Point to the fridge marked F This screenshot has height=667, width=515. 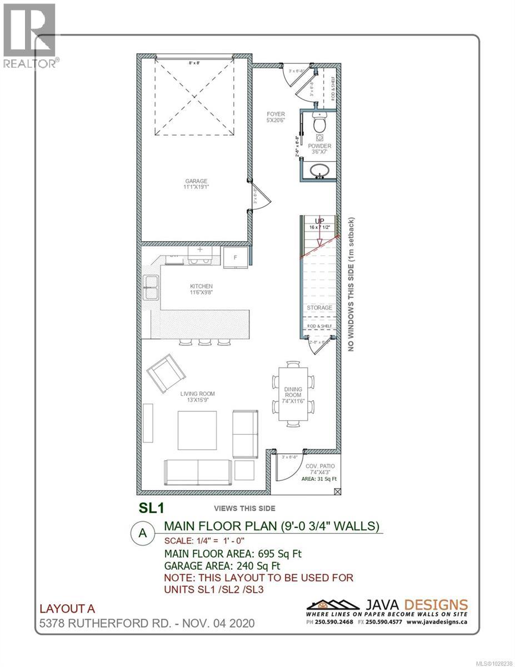236,257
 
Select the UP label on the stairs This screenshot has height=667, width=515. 319,221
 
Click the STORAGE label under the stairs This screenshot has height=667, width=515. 319,307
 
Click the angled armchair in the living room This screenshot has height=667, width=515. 166,373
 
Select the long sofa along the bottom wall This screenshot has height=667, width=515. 198,472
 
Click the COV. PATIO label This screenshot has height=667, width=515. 319,466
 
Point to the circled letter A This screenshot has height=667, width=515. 143,532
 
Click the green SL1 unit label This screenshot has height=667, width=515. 149,507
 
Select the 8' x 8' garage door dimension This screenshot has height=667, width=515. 194,63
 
